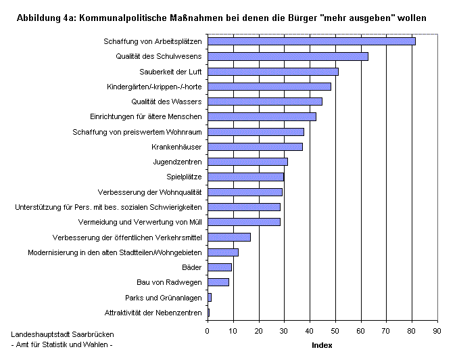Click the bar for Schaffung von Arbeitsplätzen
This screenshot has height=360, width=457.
[311, 41]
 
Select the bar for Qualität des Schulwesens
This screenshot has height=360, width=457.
[287, 56]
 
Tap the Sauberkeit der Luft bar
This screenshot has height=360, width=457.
[272, 71]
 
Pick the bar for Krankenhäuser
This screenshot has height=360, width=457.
[255, 146]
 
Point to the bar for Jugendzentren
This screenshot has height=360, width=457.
[247, 161]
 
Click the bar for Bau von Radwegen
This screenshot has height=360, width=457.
[218, 282]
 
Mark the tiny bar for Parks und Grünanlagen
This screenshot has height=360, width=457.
[210, 297]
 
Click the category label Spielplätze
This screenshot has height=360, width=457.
[185, 177]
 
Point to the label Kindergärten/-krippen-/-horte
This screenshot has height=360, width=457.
[154, 87]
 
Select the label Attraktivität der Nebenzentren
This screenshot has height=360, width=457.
[153, 312]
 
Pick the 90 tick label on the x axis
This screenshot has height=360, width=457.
[437, 331]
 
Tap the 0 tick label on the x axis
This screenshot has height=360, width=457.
[207, 331]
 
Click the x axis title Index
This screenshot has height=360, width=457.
[322, 345]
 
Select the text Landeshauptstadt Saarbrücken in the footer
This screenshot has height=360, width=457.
[63, 336]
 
